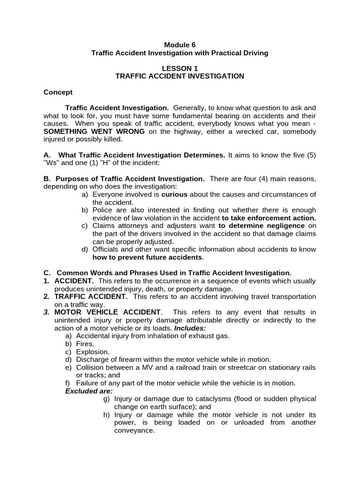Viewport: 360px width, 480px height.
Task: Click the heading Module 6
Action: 180,45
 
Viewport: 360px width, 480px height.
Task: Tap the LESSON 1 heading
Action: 180,68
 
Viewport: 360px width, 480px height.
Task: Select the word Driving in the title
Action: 253,53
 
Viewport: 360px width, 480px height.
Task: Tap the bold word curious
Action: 174,194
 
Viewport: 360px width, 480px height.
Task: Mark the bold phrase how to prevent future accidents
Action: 148,257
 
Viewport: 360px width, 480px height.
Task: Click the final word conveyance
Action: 135,430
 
